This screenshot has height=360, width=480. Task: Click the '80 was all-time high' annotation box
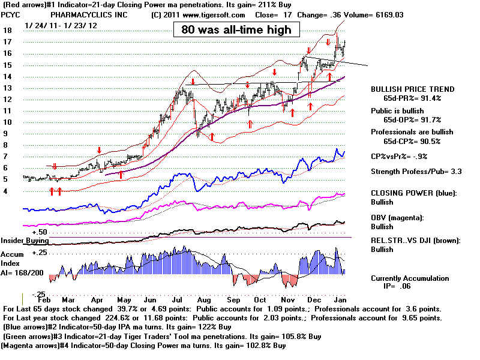236,29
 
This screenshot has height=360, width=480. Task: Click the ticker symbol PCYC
10,15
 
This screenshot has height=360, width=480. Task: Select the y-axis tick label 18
7,31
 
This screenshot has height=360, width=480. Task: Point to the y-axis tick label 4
5,191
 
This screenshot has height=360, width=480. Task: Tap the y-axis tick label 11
7,111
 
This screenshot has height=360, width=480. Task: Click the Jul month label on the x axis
177,300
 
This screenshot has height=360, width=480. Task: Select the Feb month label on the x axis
44,300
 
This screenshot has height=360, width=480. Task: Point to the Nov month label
288,300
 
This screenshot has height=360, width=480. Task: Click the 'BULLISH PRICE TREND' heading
413,89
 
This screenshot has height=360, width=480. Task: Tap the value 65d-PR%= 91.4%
412,98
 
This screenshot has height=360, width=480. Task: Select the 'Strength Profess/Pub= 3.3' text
416,172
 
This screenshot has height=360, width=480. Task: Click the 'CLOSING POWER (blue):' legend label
413,193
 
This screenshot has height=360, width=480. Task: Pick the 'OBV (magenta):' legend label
397,218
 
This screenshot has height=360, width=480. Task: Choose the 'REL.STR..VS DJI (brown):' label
416,241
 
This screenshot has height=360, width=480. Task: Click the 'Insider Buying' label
25,241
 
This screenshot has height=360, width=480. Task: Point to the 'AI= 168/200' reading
22,273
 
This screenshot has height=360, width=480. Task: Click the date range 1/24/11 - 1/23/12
61,26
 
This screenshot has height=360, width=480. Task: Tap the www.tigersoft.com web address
214,15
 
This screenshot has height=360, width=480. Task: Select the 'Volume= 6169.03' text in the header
373,15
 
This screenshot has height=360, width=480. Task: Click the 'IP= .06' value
397,286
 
